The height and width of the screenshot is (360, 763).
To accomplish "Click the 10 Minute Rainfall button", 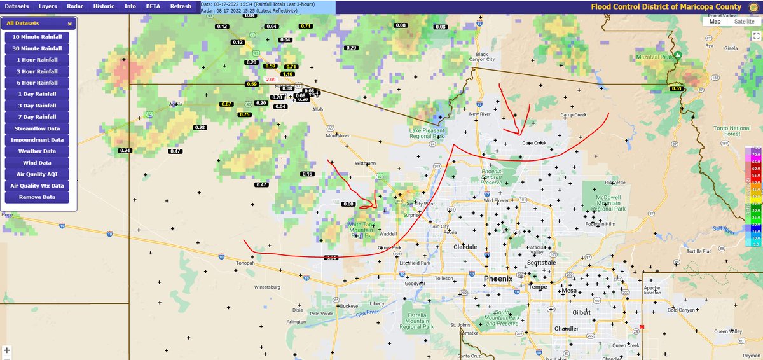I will tap(36, 36).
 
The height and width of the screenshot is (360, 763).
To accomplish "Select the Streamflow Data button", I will tap(36, 128).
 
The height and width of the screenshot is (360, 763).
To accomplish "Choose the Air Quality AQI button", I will tap(36, 174).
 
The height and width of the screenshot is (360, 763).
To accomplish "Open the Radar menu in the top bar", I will tap(75, 6).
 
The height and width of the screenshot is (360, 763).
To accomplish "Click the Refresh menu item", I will tap(181, 6).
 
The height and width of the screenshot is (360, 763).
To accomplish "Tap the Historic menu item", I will tap(104, 6).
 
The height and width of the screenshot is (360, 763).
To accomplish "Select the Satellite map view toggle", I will tap(745, 21).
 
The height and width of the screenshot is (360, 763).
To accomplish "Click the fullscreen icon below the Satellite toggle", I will tap(755, 36).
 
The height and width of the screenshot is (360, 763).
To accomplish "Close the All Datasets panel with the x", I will tap(70, 24).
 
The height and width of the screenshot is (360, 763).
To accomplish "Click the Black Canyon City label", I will tap(481, 57).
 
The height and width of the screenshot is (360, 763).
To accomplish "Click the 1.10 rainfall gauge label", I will tap(287, 74).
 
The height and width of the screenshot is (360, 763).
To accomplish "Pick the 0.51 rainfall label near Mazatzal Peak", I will tap(676, 88).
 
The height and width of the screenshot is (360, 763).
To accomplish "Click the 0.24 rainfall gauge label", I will tap(125, 150).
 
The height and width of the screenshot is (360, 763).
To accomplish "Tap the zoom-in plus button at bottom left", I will tap(7, 350).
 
